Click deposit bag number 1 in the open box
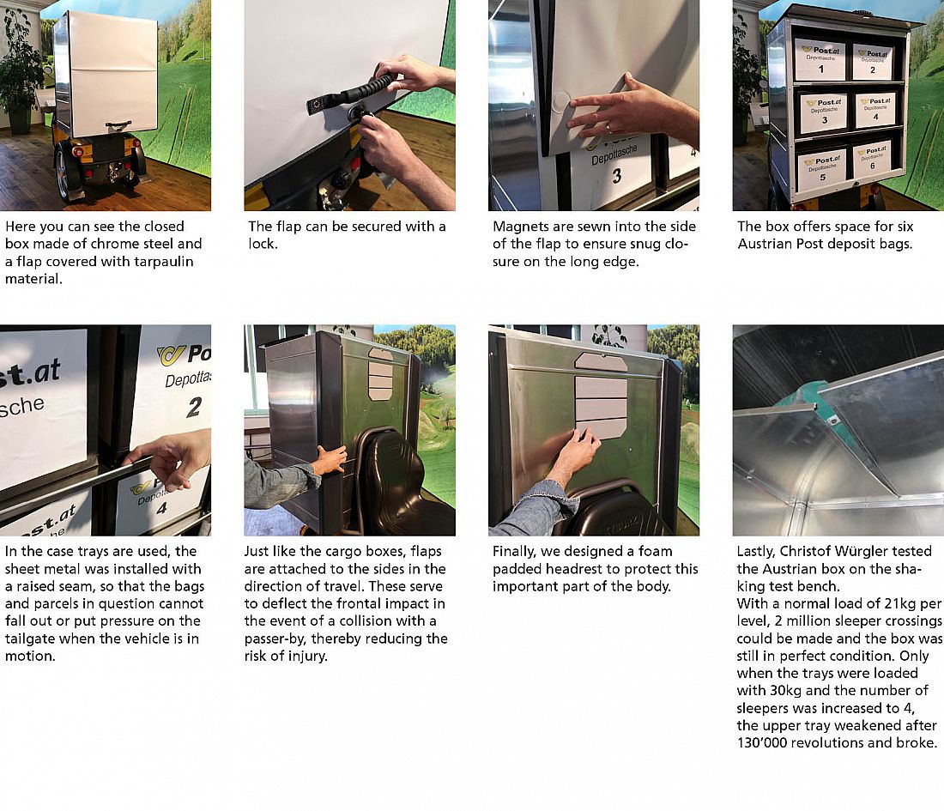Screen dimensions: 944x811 pos(820,59)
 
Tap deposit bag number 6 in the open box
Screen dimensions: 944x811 pos(872,160)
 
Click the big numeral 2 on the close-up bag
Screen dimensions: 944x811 pos(194,407)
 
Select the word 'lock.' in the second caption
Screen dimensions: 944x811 pos(263,244)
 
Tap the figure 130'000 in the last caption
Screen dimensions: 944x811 pos(762,743)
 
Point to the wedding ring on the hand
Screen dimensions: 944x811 pos(608,128)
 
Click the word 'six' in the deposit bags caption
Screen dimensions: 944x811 pos(903,227)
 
